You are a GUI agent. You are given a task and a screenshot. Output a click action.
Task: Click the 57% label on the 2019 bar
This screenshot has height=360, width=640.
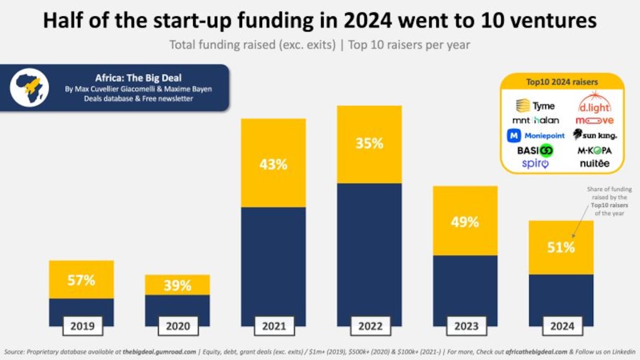pyautogui.click(x=82, y=280)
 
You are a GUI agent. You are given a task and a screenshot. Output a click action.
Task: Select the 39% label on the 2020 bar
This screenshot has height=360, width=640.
pyautogui.click(x=177, y=286)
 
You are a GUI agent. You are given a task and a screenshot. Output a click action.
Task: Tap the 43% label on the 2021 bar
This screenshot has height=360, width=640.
pyautogui.click(x=273, y=164)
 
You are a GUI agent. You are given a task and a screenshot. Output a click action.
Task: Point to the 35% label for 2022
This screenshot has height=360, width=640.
pyautogui.click(x=369, y=143)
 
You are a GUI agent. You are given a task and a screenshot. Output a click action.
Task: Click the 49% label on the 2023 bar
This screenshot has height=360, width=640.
pyautogui.click(x=465, y=222)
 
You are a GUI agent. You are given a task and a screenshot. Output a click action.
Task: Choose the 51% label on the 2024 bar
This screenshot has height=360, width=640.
pyautogui.click(x=561, y=247)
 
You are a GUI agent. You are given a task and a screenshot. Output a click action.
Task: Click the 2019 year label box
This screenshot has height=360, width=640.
pyautogui.click(x=82, y=326)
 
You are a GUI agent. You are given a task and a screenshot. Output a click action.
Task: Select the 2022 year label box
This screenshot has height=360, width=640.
pyautogui.click(x=370, y=326)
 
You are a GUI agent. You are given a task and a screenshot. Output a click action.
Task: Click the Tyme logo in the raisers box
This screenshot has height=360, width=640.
pyautogui.click(x=535, y=106)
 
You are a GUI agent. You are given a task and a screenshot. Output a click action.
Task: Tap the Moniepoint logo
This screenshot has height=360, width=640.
pyautogui.click(x=536, y=135)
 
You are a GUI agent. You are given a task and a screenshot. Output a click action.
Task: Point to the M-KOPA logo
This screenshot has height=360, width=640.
pyautogui.click(x=595, y=150)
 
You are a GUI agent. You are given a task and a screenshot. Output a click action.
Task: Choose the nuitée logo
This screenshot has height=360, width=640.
pyautogui.click(x=595, y=164)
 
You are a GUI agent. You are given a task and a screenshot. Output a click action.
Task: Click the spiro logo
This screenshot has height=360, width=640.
pyautogui.click(x=535, y=164)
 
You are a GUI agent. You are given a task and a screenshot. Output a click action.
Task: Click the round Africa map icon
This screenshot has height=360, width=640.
pyautogui.click(x=29, y=87)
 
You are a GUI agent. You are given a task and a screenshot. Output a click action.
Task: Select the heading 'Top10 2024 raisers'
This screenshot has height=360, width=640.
pyautogui.click(x=562, y=82)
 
